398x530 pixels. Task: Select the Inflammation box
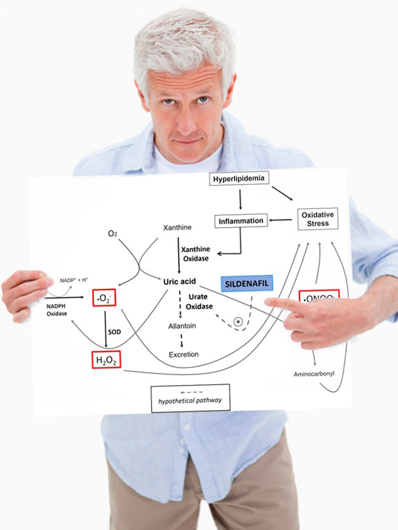click(241, 221)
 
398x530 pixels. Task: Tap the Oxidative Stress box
click(317, 218)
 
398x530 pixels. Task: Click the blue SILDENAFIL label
click(247, 284)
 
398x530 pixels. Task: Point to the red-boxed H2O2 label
click(106, 361)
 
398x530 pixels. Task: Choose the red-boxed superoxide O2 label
click(104, 297)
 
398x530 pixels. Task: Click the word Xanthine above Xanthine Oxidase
click(177, 227)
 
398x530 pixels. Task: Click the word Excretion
click(184, 354)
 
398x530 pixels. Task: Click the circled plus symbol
click(238, 322)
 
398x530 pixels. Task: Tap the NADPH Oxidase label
click(57, 309)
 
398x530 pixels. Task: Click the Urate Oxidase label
click(200, 302)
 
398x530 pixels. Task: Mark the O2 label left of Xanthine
click(113, 234)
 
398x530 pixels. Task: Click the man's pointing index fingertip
click(268, 303)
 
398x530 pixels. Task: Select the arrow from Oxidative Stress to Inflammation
click(280, 220)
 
